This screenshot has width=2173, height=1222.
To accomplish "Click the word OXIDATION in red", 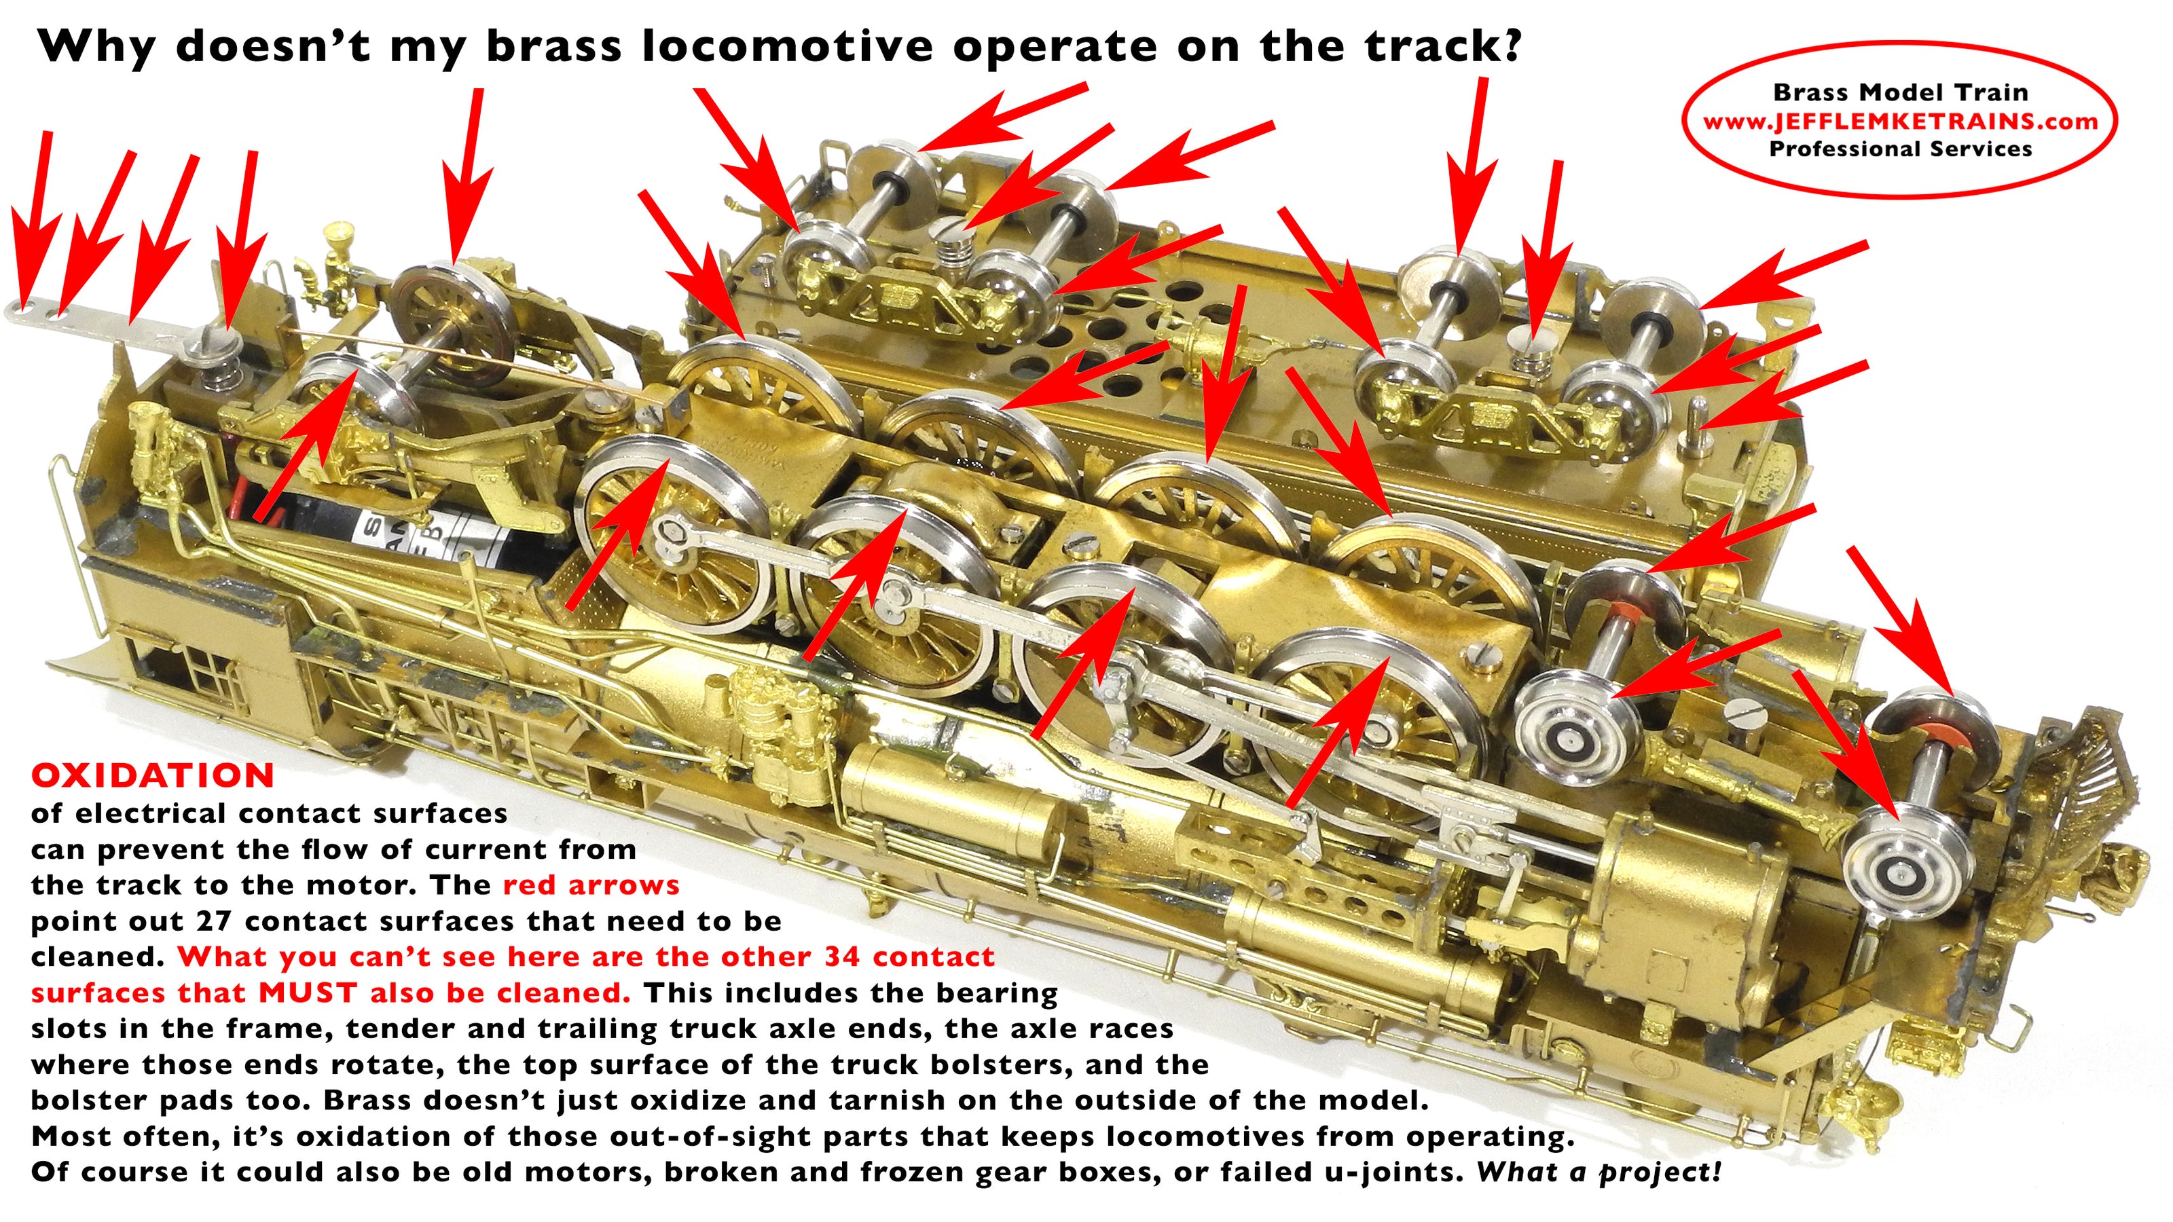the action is pos(153,775).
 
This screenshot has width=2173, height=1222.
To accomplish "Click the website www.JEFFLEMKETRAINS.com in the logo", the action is pos(1900,122).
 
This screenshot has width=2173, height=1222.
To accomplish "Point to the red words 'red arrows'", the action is pos(591,885).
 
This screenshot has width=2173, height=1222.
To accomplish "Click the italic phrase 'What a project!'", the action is pos(1599,1172).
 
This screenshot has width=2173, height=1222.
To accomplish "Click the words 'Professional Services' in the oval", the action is pos(1901,149).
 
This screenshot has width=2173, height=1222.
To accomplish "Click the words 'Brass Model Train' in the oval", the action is pos(1901,92).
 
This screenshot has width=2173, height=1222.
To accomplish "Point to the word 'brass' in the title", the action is pos(553,45).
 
